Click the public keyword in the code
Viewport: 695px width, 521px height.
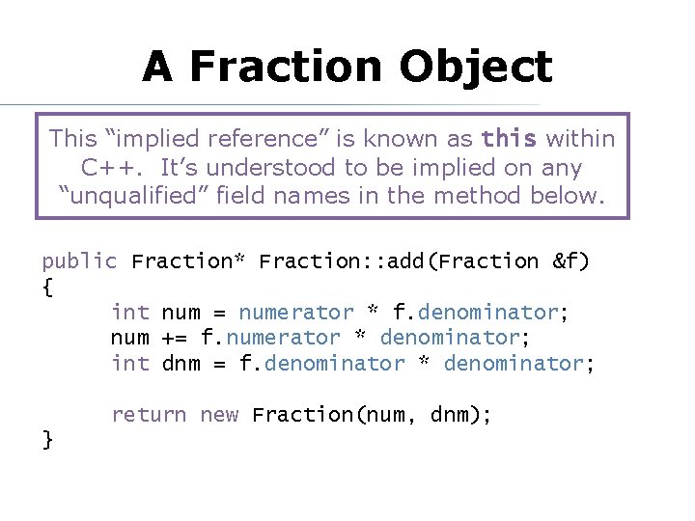[79, 260]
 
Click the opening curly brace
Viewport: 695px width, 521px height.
[47, 287]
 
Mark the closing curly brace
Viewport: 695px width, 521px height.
[47, 440]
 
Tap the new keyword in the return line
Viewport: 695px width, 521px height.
[219, 415]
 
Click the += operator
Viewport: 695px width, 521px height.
[175, 338]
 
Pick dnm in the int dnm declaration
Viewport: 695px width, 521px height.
[181, 364]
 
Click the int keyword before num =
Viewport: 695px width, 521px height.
[129, 313]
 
